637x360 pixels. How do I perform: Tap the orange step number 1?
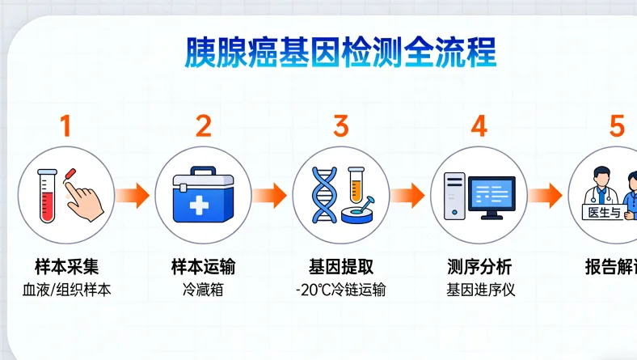65,126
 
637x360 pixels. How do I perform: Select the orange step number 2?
203,126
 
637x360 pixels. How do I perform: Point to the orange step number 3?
340,126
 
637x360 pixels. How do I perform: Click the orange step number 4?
479,126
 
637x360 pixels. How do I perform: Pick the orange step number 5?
617,126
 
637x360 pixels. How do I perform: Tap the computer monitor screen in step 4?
491,193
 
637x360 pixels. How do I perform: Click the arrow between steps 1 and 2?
132,195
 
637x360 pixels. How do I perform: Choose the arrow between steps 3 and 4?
407,195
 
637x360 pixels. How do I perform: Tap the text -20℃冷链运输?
340,290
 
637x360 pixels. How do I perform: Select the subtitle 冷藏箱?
203,290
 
